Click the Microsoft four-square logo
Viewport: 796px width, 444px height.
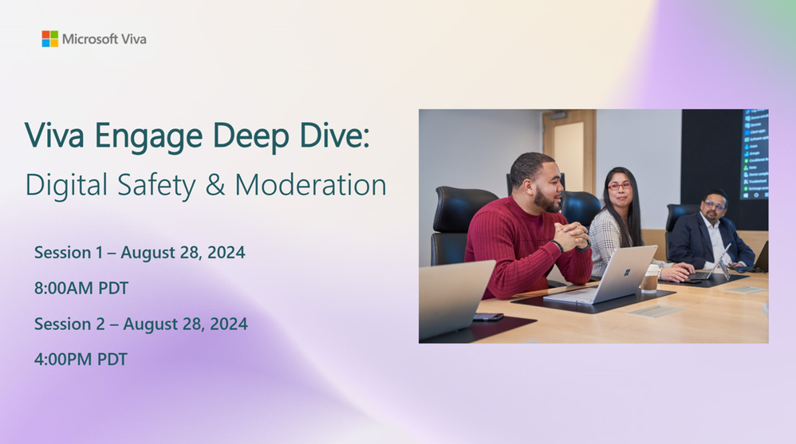tap(49, 38)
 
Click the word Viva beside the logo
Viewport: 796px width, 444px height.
tap(134, 39)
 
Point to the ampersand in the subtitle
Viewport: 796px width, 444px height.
tap(215, 184)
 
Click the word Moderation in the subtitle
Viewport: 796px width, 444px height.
tap(311, 185)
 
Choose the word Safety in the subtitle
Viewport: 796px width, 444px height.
tap(156, 186)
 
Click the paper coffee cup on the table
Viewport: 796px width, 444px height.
tap(649, 278)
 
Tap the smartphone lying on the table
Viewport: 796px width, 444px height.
tap(488, 317)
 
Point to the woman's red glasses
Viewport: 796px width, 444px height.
tap(620, 186)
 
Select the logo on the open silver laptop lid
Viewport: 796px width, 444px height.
tap(628, 272)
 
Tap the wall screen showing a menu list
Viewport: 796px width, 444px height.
tap(755, 154)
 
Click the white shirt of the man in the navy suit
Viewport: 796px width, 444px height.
tap(717, 238)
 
